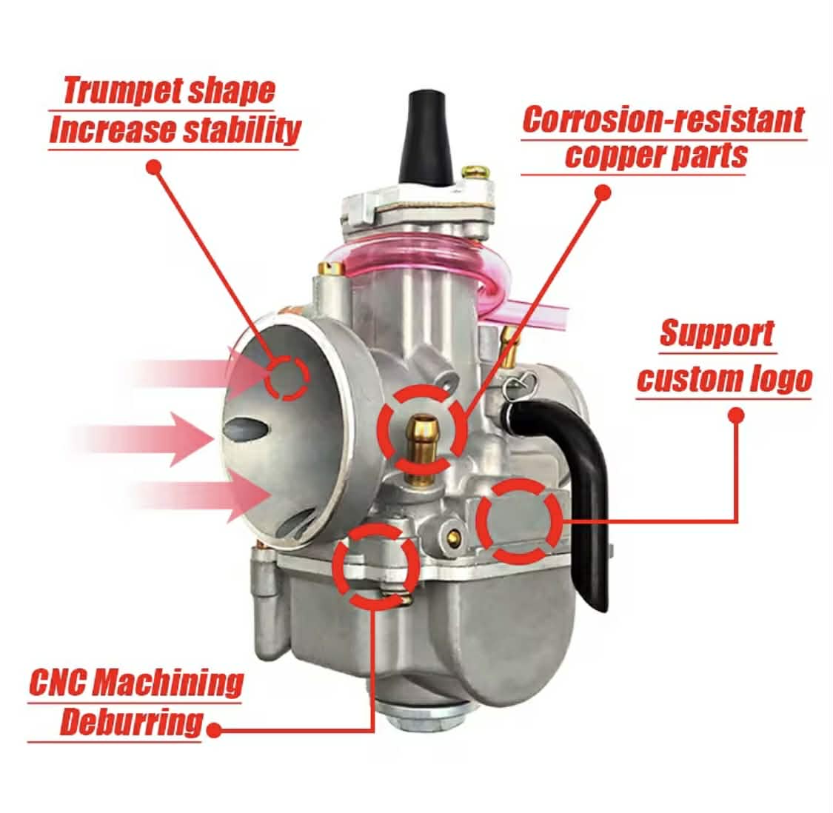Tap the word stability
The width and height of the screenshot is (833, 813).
point(241,130)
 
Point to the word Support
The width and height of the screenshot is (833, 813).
point(717,333)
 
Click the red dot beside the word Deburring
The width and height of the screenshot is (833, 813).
point(213,731)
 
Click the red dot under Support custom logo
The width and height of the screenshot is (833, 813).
point(736,415)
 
